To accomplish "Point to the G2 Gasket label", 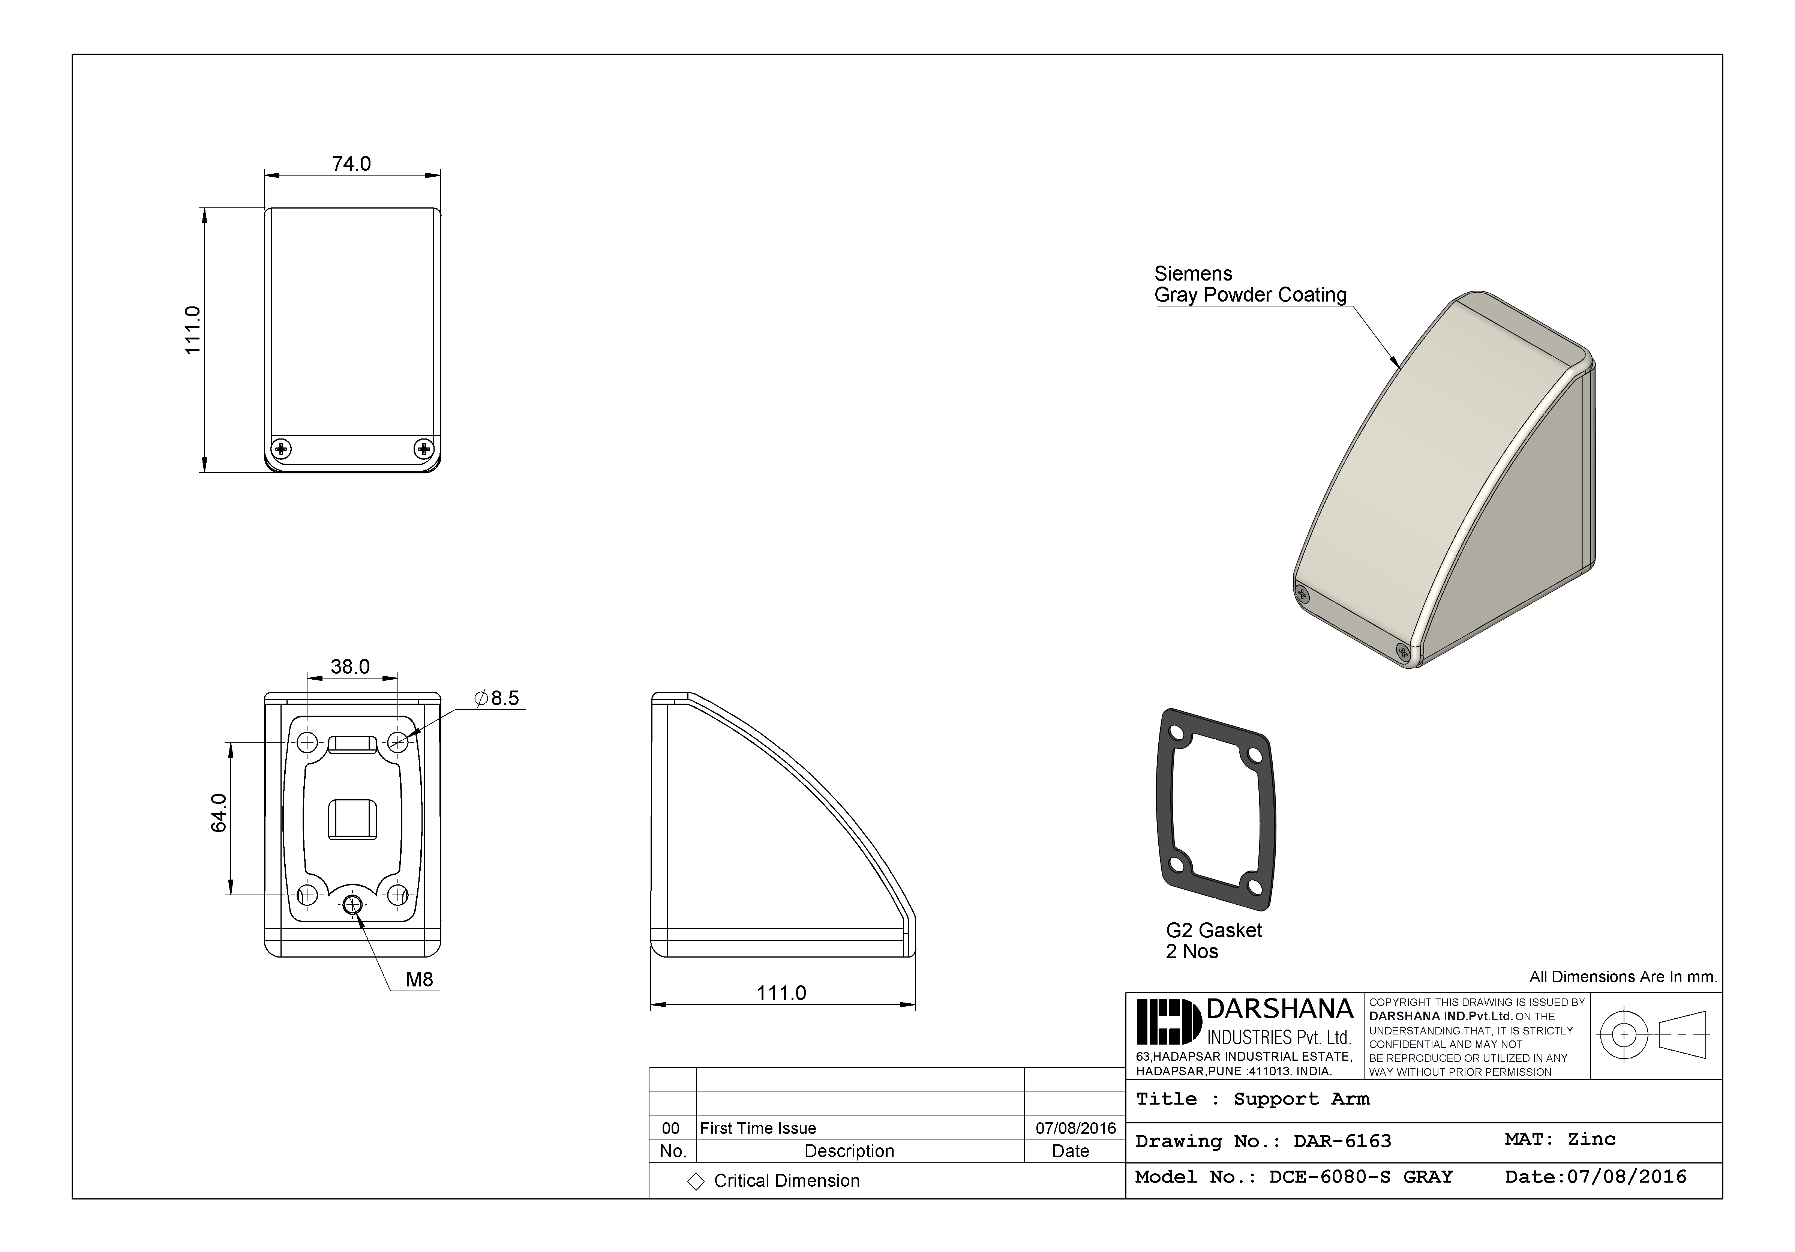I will pos(1213,931).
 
